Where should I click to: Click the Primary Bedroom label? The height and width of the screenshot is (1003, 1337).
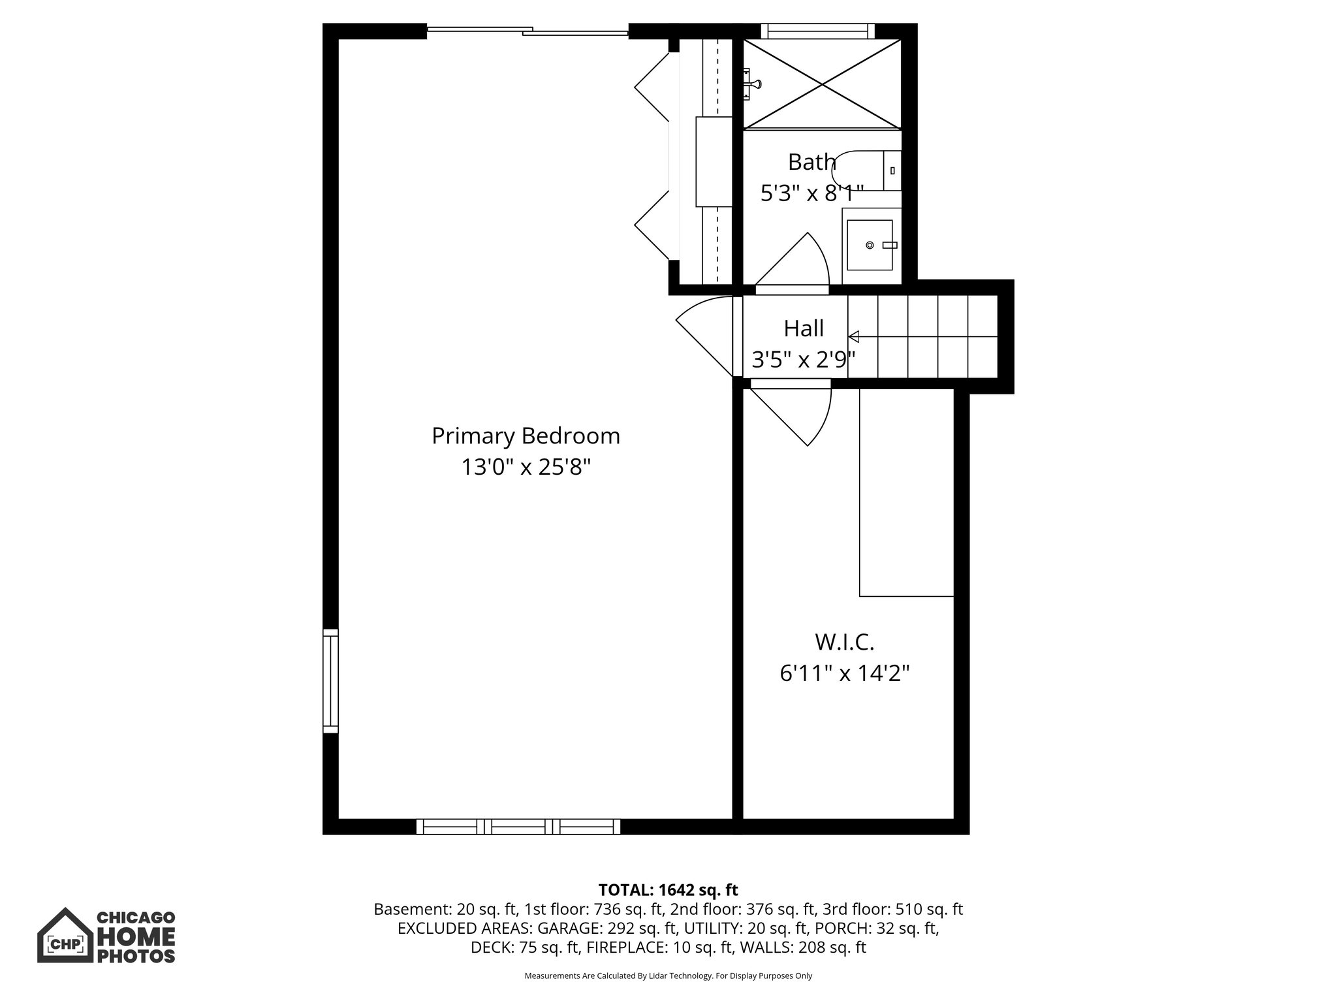526,436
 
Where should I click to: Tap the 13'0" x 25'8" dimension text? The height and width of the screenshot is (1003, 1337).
526,467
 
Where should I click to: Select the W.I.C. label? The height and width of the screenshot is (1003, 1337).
844,642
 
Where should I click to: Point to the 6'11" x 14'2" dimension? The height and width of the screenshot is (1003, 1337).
844,673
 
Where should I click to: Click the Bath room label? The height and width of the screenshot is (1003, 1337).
811,161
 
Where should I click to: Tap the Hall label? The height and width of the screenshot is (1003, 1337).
803,328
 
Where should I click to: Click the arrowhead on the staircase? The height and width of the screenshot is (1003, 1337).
853,337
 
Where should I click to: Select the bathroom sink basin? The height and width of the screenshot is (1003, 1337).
870,245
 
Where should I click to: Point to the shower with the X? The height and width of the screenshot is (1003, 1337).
822,84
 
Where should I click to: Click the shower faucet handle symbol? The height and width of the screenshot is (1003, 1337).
753,84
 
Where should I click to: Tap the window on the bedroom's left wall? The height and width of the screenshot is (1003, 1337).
330,681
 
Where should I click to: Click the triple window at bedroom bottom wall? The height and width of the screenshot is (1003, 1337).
518,827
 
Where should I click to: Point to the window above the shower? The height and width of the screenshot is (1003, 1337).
817,31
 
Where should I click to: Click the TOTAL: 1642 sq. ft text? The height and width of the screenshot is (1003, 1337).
668,890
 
